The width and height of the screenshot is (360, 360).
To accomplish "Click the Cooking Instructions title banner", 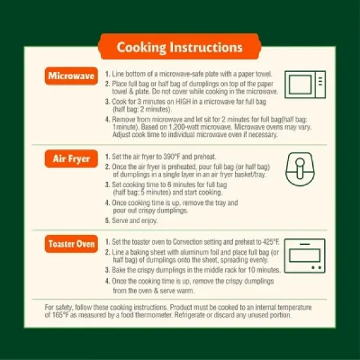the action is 180,46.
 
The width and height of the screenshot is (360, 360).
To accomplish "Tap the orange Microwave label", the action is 71,76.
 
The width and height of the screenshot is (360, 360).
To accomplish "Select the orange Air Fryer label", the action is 71,158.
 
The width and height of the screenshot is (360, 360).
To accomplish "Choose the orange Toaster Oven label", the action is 71,244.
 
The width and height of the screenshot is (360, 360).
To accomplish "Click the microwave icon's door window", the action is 300,84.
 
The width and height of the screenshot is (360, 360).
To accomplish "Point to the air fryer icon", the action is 300,169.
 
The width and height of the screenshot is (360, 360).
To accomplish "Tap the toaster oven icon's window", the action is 304,255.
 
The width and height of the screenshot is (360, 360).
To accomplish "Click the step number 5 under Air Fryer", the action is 107,221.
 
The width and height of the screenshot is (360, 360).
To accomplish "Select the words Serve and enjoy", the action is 135,221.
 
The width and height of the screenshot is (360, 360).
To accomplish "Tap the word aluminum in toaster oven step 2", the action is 195,252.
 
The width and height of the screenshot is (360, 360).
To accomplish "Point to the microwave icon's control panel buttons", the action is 320,81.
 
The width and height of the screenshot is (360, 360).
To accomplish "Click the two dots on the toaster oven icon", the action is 316,268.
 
